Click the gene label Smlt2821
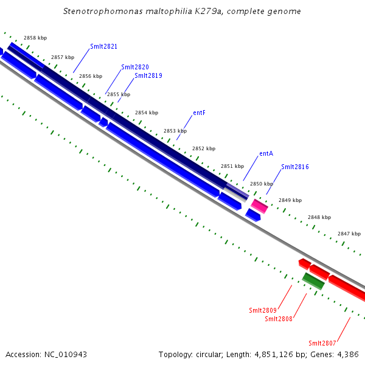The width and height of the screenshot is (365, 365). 104,46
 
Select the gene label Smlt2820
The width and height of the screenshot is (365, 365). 135,67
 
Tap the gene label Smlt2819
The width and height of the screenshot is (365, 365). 148,75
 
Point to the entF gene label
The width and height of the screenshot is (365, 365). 200,113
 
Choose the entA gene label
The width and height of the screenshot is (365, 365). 266,153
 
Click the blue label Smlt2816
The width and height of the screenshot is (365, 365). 295,167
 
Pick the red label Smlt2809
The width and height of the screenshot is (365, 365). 263,310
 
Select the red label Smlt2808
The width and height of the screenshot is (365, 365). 279,318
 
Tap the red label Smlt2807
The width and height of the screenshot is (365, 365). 322,342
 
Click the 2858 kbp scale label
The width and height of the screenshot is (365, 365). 35,38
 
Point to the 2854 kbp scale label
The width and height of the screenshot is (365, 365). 147,113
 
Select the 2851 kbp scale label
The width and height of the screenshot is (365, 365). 232,166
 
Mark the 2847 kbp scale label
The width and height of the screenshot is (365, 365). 349,234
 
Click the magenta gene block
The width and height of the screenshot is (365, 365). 260,206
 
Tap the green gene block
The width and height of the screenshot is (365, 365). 313,280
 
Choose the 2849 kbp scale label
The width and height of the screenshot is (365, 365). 290,200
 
